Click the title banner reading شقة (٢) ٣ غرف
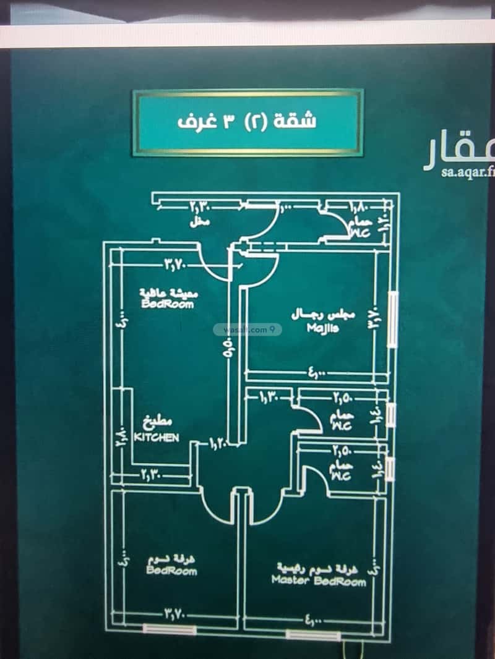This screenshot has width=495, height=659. coord(247,122)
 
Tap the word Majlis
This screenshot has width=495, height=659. coord(322,328)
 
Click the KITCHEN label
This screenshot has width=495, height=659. coord(157,437)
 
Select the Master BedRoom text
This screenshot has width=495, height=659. coord(318,581)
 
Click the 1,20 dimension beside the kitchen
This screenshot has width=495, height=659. coord(218,443)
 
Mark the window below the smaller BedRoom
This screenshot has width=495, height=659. coord(170,629)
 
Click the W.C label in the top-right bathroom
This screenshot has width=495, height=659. coord(361,233)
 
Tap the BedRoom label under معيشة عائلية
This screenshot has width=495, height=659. coord(168,304)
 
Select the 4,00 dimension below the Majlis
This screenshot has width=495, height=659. coord(316,373)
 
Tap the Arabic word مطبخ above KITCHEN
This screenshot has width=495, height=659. coord(156,424)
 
